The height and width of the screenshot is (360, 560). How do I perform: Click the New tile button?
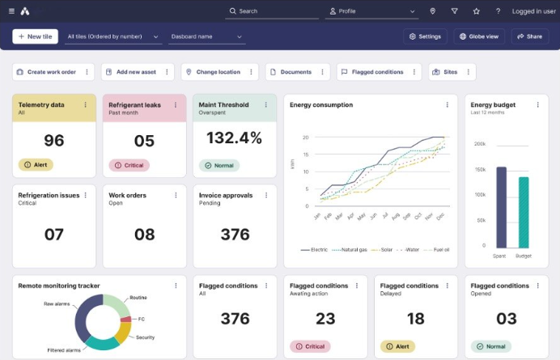35,36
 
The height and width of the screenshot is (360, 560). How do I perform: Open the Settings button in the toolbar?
426,36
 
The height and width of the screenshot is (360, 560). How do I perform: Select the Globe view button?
480,36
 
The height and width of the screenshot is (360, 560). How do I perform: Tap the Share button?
529,36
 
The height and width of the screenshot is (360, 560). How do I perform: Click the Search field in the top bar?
272,11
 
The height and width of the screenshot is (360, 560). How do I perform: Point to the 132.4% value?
235,138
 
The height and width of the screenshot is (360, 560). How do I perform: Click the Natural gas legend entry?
350,250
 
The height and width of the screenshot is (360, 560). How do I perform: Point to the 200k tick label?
479,143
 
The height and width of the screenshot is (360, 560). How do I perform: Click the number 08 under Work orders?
144,235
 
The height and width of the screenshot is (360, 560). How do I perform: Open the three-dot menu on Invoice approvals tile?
266,195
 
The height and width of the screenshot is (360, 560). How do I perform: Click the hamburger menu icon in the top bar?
11,11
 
